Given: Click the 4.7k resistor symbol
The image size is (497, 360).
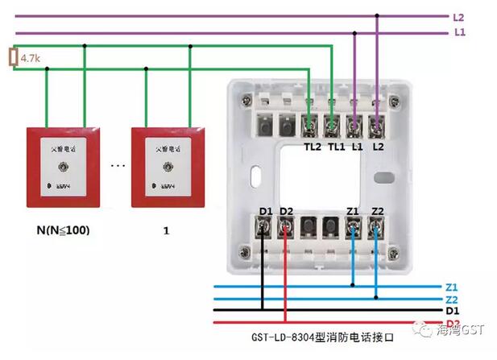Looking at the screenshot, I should (12, 58).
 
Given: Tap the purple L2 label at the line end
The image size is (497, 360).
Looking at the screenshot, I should (458, 17).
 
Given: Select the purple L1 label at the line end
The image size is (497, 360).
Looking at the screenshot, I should (458, 32).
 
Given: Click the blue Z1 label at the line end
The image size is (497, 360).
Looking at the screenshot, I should (450, 287).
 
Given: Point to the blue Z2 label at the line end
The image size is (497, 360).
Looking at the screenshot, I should (450, 299).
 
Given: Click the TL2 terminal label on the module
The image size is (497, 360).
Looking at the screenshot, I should (313, 147).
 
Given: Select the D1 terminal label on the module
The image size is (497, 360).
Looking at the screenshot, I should (265, 211).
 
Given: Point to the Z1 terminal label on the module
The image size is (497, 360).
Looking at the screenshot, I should (353, 211).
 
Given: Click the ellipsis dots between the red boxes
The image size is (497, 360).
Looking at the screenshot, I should (118, 167).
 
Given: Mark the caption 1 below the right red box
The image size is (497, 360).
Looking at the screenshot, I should (165, 230).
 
